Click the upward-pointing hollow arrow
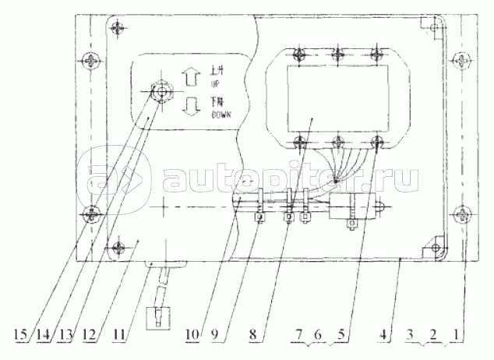click(x=187, y=77)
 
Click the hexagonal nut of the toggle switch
click(x=161, y=92)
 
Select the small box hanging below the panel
click(x=159, y=316)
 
